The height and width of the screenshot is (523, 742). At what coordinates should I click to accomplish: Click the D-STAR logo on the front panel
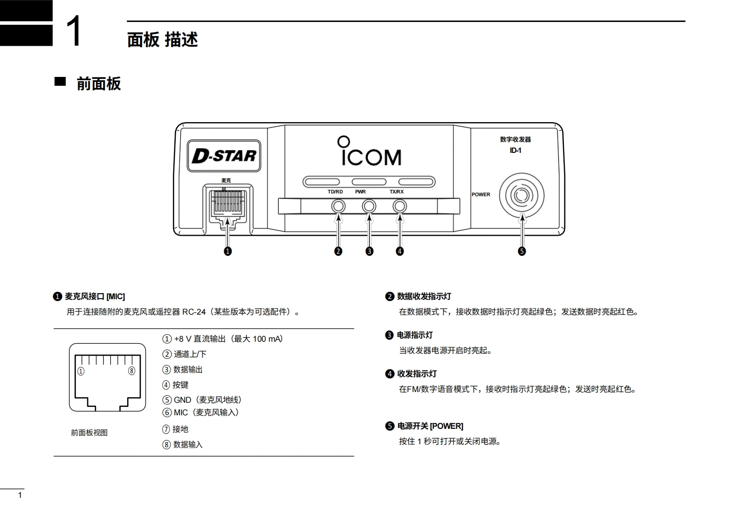click(x=224, y=156)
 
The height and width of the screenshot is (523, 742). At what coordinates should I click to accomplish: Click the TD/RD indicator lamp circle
click(x=338, y=206)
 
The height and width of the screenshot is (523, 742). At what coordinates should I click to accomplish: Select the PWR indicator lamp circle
click(x=369, y=206)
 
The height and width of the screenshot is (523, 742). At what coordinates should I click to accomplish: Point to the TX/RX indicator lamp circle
click(x=399, y=206)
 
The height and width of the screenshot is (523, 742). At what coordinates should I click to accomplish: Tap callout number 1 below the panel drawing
click(x=228, y=251)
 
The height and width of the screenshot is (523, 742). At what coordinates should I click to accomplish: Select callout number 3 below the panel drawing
click(x=369, y=251)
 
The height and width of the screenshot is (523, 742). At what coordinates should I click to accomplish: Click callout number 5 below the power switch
click(x=522, y=251)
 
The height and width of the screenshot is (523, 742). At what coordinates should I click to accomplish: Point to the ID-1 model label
click(x=515, y=151)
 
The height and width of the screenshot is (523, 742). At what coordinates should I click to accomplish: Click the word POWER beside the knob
click(x=481, y=195)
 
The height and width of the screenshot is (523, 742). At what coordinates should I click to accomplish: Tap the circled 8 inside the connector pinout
click(x=132, y=371)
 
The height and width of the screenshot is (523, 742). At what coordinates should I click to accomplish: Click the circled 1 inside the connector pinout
click(x=81, y=371)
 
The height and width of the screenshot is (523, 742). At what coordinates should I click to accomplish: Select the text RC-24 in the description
click(x=193, y=312)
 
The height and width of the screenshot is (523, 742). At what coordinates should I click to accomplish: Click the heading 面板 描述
click(x=163, y=40)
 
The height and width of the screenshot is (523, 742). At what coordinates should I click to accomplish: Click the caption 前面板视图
click(x=89, y=433)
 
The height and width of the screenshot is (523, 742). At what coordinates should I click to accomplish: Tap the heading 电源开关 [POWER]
click(x=430, y=426)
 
